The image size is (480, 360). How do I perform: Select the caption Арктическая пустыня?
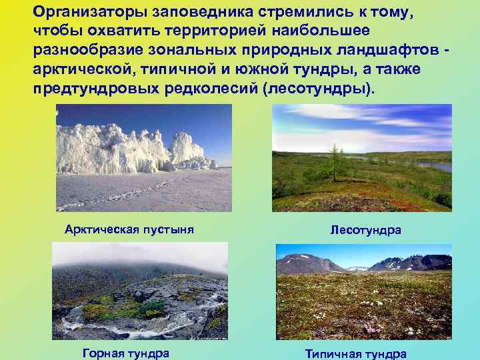(x=129, y=230)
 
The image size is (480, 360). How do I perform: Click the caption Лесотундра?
(x=365, y=230)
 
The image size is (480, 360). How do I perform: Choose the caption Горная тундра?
(x=125, y=353)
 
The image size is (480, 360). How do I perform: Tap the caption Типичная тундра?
(x=356, y=354)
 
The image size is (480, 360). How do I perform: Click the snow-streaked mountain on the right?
(x=413, y=263)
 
